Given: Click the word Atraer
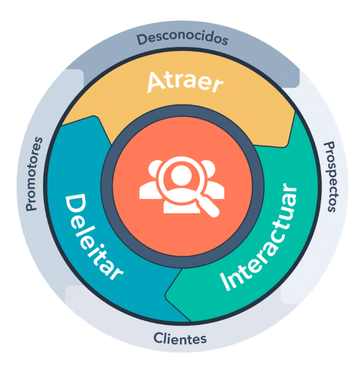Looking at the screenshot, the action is tap(185, 82).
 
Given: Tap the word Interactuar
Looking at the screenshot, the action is tap(258, 237).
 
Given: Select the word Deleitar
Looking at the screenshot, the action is tap(92, 236).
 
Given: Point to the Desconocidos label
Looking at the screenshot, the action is tap(182, 39).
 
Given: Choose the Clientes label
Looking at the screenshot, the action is tap(180, 339).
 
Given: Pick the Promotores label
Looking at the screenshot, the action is tap(34, 174).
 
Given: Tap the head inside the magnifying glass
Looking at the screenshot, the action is tap(181, 175).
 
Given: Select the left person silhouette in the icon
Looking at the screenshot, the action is tap(150, 182).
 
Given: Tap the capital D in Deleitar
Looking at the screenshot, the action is tap(75, 205).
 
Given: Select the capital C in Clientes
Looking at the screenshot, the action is tap(158, 338).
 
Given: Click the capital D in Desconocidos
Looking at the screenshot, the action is tap(142, 40).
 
